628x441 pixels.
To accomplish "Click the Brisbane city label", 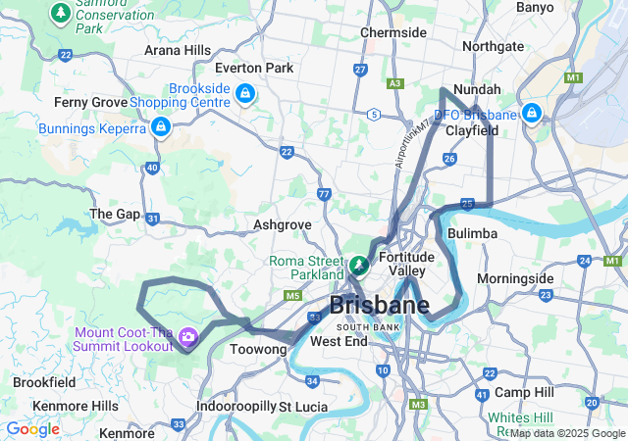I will pyautogui.click(x=379, y=305).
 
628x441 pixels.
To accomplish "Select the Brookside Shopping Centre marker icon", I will pyautogui.click(x=244, y=95).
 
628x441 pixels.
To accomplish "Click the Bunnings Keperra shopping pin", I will pyautogui.click(x=160, y=127).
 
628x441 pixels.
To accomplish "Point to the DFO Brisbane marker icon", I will pyautogui.click(x=531, y=114).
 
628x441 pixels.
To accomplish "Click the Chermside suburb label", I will pyautogui.click(x=393, y=32).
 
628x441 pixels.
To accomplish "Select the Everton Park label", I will pyautogui.click(x=254, y=68).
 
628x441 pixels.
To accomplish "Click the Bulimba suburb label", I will pyautogui.click(x=472, y=233).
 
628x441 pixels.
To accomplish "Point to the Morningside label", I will pyautogui.click(x=515, y=278).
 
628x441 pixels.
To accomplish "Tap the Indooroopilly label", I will pyautogui.click(x=235, y=406).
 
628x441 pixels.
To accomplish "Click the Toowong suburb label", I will pyautogui.click(x=257, y=349).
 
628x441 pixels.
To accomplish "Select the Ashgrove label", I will pyautogui.click(x=282, y=224).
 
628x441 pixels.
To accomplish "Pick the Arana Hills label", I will pyautogui.click(x=177, y=50).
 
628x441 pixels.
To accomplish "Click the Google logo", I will pyautogui.click(x=32, y=429).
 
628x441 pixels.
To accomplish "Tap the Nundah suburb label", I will pyautogui.click(x=478, y=89).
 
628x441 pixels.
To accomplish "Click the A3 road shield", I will pyautogui.click(x=394, y=84).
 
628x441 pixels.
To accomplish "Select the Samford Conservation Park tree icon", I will pyautogui.click(x=61, y=12).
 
